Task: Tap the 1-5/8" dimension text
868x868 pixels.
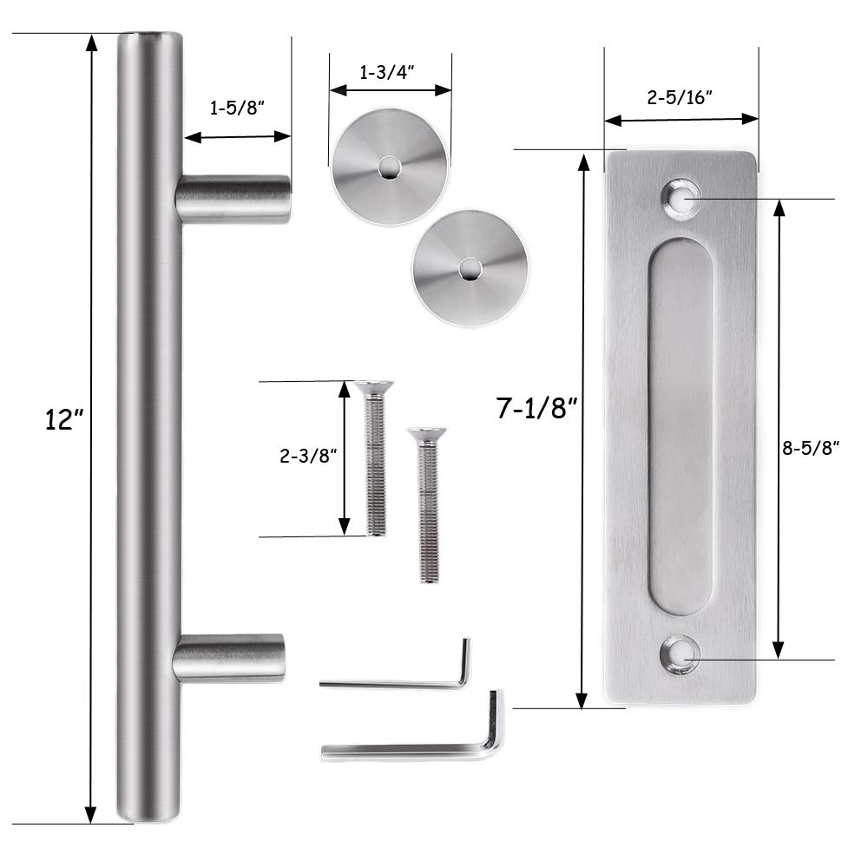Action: point(237,109)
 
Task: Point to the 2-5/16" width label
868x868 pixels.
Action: point(681,97)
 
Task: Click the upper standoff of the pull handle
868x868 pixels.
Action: point(233,199)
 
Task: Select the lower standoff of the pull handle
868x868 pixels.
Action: point(229,658)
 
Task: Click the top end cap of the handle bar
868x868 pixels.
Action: point(149,38)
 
